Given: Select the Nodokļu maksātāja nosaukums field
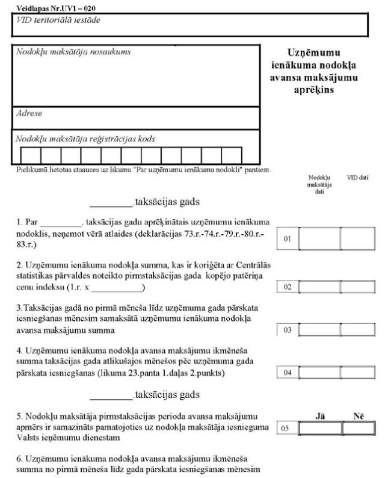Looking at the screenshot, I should (135, 75).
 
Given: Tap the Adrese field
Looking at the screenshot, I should (135, 117).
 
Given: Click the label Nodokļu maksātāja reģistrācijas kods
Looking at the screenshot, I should (85, 138).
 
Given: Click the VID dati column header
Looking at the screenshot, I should (357, 178).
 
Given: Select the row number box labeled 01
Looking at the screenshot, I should (287, 239).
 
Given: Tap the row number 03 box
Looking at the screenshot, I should (287, 330).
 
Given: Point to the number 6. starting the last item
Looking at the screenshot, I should (20, 459).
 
